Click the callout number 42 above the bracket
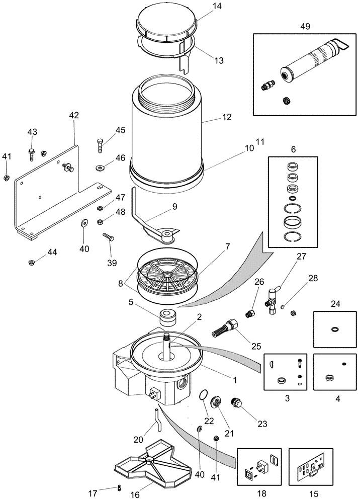[x=74, y=115]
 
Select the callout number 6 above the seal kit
[x=293, y=149]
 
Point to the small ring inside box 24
[x=334, y=330]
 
